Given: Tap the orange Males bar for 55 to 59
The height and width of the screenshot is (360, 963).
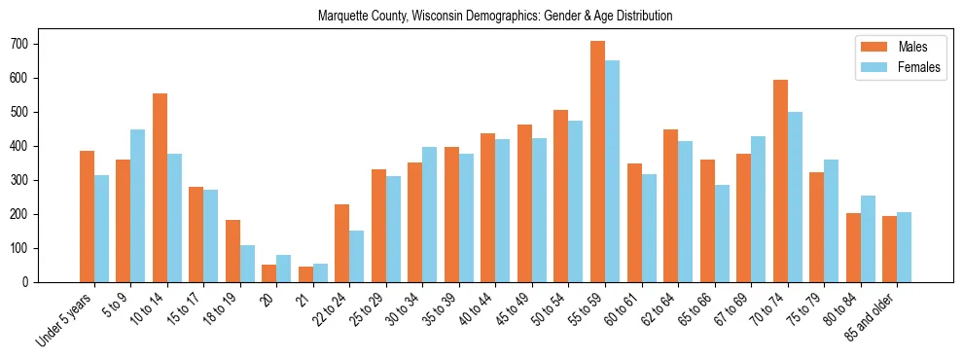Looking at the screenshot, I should pos(597,162).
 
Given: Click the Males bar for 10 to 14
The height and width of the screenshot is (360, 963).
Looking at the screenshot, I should pos(160,188).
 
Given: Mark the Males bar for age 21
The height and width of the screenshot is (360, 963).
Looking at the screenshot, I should pos(305,274).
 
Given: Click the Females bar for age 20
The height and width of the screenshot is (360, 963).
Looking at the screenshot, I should pos(284,269).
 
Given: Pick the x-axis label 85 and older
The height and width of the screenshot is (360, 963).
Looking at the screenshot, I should pos(875,313).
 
